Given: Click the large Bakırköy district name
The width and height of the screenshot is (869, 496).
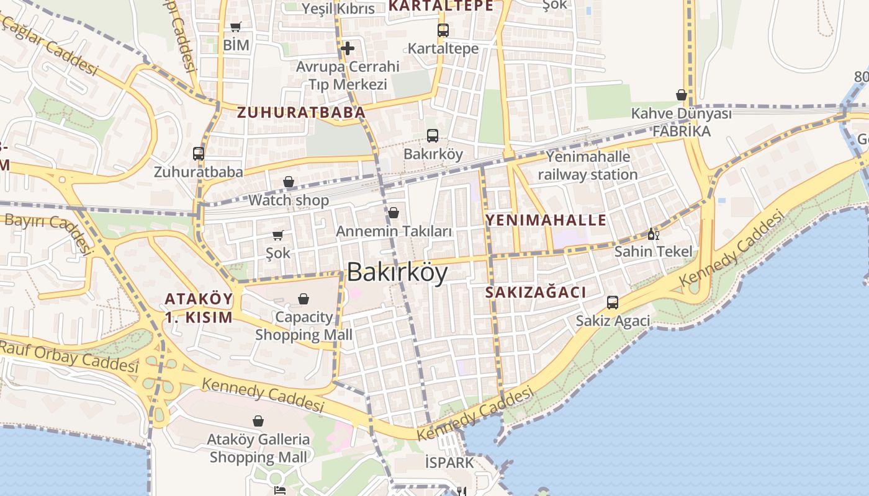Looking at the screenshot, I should pos(397,273).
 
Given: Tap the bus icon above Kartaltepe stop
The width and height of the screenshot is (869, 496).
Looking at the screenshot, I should pos(443,30).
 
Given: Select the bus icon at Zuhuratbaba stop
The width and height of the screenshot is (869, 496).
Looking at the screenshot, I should pos(199,153).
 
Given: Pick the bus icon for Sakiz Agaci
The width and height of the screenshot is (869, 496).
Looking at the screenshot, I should pos(613,303).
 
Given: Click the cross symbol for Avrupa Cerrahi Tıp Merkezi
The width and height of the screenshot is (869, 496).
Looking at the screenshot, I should pos(348,48).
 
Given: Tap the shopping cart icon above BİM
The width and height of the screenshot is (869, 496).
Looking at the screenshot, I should pos(235,27).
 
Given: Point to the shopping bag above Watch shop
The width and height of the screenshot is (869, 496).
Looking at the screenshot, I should pos(289,182).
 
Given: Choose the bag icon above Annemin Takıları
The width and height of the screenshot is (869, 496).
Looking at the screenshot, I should pos(394,213).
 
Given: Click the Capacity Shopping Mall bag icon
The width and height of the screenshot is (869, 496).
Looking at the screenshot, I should pos(304,299).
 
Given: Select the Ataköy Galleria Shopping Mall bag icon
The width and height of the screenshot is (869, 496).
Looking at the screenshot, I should pos(258,421).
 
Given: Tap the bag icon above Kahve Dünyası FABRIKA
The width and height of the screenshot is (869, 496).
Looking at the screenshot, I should pos(681,95).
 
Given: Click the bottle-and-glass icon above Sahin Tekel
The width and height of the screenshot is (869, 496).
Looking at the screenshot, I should pos(652,234).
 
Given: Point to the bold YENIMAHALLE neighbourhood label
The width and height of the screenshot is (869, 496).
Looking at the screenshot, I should pos(546,220).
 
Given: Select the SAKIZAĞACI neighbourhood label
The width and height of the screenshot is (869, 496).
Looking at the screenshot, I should pos(536,293).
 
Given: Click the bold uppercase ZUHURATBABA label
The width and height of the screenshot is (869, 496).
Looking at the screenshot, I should pos(301,113).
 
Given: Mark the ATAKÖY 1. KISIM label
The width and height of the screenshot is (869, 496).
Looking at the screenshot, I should pos(199,308).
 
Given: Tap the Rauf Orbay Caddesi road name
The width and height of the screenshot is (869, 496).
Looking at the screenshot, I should pos(68,356).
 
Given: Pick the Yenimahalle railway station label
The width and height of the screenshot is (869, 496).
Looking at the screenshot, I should pos(588,166).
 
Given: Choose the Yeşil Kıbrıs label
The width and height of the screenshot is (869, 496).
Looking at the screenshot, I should pos(338,9).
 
